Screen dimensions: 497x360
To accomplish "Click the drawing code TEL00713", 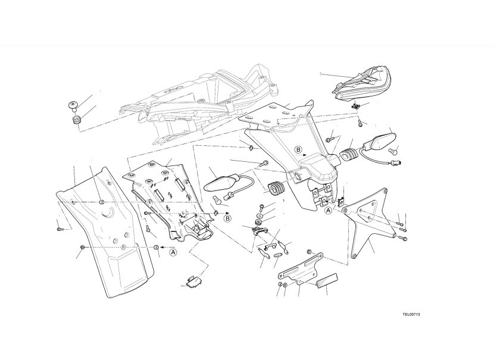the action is pos(411,314).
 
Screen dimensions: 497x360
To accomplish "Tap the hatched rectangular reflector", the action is pos(327,280).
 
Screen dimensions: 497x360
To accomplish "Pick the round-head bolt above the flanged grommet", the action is pos(74,105).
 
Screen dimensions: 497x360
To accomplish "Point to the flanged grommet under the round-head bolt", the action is pos(76,120).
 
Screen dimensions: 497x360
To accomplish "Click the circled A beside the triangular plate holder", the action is pos(329,210).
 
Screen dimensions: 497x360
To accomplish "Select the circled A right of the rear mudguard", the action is pos(173,252).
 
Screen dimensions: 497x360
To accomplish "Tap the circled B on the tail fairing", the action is pos(298,149).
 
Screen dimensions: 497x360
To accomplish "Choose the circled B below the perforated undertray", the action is pos(227,218).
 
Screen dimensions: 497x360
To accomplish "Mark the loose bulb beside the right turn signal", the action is pos(394,152).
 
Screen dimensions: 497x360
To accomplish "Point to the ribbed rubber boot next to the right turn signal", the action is pos(349,153).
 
